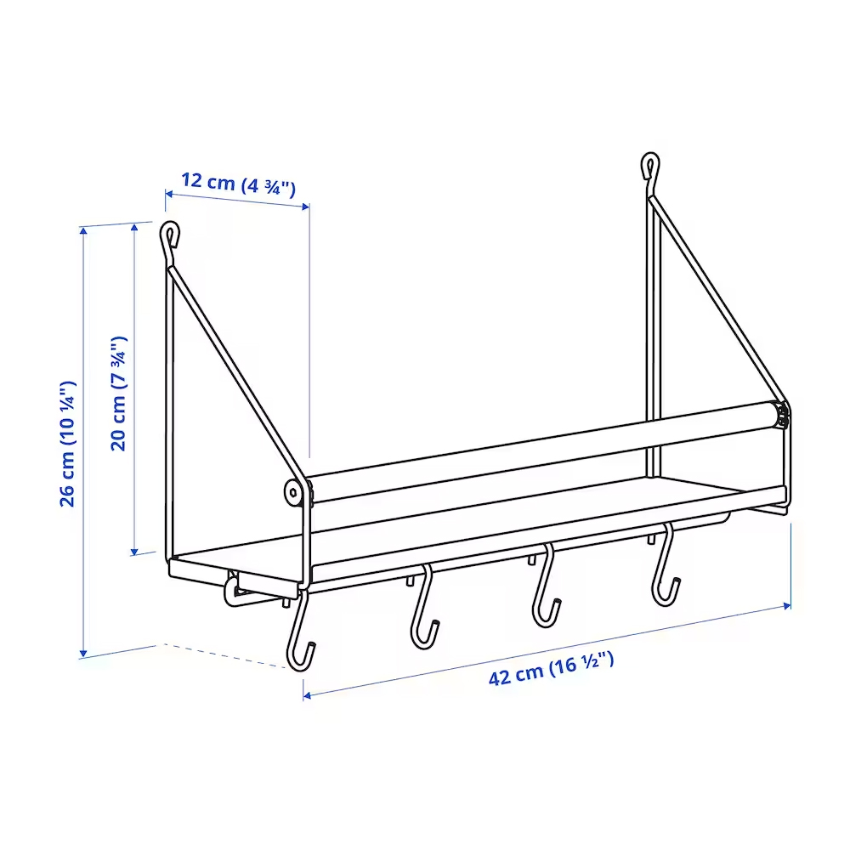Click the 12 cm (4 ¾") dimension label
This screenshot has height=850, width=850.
238,184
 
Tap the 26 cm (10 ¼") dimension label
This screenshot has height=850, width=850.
68,444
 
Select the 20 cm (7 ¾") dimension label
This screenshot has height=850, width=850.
119,394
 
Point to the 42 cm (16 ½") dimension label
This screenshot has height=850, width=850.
552,669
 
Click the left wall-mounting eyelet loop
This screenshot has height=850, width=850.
170,235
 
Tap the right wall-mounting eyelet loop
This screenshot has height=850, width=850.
650,166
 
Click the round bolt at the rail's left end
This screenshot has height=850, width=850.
294,492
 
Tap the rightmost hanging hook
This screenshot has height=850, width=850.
665,565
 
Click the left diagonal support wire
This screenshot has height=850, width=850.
235,374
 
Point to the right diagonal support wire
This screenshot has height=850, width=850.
718,300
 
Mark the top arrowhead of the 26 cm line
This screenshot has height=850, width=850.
83,231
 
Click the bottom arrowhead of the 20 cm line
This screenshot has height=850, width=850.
134,552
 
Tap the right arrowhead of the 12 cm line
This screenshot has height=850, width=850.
305,206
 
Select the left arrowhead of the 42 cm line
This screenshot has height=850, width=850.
308,695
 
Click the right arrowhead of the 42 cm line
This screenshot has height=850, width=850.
786,605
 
